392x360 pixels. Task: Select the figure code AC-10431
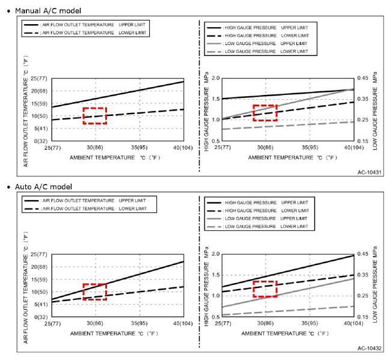(x=369, y=172)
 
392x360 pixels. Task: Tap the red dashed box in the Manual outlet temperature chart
(x=94, y=115)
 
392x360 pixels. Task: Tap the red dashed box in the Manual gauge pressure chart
(x=265, y=112)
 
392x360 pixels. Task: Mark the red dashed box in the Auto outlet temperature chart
(x=94, y=291)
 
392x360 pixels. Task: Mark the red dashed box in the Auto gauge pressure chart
(x=265, y=288)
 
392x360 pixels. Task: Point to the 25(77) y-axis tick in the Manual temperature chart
(x=38, y=79)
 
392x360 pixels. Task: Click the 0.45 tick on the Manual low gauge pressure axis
(x=363, y=79)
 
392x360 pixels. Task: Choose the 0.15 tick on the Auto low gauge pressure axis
(x=363, y=317)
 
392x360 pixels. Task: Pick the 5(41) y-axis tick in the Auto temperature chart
(x=39, y=304)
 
